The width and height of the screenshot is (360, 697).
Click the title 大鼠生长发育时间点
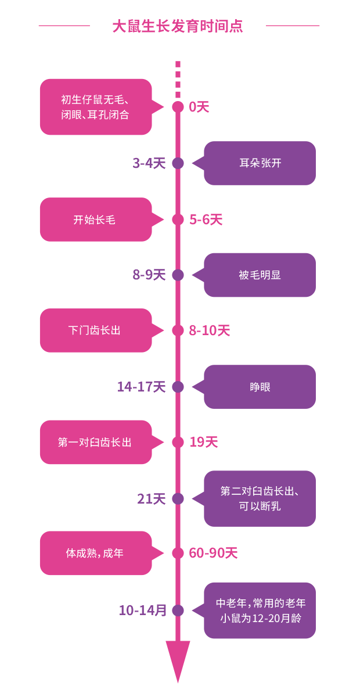[x=178, y=26]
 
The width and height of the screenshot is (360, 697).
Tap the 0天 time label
[x=199, y=107]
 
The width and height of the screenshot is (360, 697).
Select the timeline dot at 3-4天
[x=178, y=163]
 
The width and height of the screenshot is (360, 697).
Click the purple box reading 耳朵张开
[x=260, y=163]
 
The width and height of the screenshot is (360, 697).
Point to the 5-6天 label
[x=206, y=220]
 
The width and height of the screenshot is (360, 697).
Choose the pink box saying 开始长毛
[x=95, y=220]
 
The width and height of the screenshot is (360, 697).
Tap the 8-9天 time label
[x=149, y=275]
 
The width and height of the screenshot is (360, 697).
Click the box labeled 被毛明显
[x=260, y=275]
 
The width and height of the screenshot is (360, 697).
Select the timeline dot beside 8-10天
[x=178, y=330]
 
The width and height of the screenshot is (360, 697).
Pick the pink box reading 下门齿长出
[x=95, y=330]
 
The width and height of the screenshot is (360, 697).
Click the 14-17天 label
[x=142, y=387]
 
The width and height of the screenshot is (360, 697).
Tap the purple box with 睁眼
[x=260, y=387]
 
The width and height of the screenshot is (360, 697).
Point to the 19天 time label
[x=203, y=443]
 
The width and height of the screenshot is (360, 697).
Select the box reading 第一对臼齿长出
[x=95, y=443]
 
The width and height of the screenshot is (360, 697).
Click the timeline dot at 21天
[x=178, y=498]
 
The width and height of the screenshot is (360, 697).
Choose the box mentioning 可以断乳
[x=260, y=498]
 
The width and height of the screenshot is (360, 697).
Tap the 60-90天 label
[x=213, y=553]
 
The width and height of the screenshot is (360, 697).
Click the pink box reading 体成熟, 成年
[x=95, y=553]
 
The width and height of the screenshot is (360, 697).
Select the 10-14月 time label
[x=143, y=610]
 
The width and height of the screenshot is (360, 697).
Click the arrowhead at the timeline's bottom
[x=178, y=659]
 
